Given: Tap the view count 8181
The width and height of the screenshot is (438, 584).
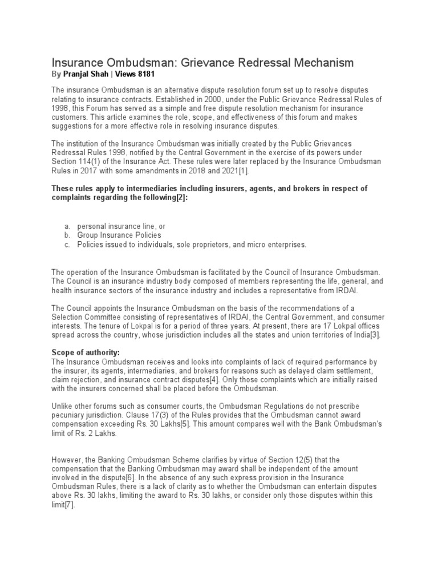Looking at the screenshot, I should (x=146, y=74).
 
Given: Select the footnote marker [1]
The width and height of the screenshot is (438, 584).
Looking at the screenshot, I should (x=242, y=171).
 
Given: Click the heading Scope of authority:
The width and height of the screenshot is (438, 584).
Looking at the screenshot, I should (x=86, y=353).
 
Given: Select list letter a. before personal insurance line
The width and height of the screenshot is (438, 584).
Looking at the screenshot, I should (x=67, y=226).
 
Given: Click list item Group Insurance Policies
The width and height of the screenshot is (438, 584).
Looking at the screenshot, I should (x=119, y=235).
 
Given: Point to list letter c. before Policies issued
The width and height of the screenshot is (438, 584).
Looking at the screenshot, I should (x=67, y=244).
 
